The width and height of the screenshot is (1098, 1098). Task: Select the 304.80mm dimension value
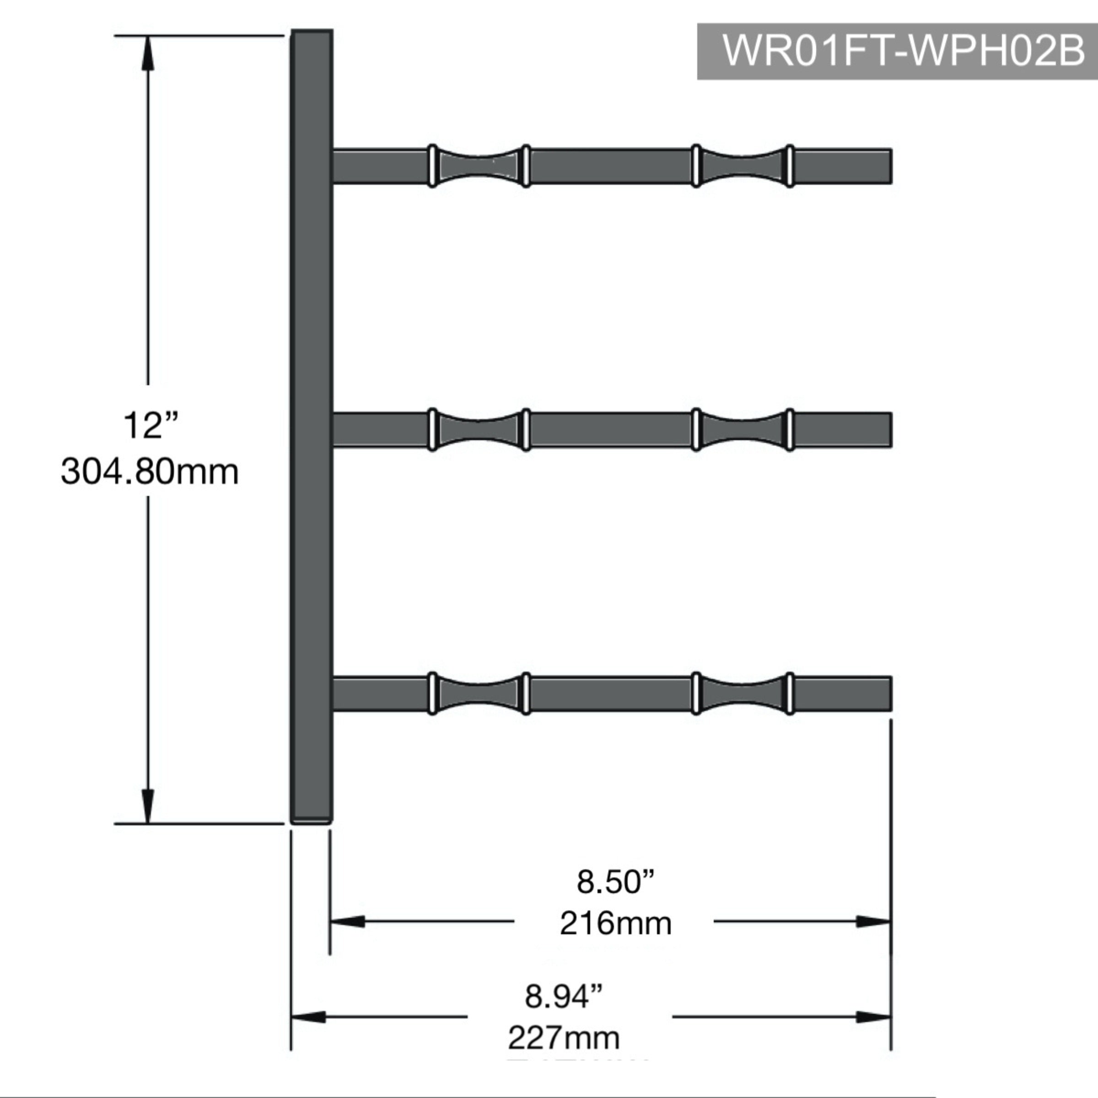150,472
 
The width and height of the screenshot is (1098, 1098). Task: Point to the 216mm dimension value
615,924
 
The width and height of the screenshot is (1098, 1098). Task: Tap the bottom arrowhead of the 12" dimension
148,806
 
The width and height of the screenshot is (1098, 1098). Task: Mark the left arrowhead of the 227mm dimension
309,1017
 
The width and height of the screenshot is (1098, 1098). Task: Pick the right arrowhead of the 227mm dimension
873,1017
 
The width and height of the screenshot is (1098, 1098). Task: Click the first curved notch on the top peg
479,167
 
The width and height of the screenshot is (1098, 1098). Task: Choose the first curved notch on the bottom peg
479,694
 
